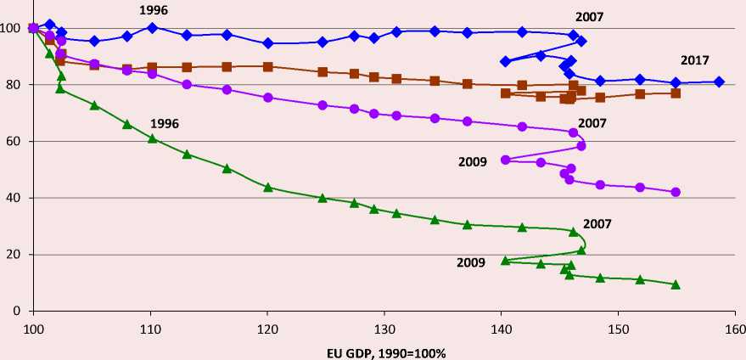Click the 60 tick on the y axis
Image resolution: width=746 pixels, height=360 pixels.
(16, 142)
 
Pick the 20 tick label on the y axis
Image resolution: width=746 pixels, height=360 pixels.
(16, 255)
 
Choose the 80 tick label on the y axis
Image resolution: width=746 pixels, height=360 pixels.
(16, 85)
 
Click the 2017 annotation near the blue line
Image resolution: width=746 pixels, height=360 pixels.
(695, 60)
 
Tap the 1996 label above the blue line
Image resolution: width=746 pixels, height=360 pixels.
(154, 10)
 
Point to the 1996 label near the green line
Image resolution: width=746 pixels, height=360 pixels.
(165, 123)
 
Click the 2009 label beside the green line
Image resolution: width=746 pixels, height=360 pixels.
(470, 262)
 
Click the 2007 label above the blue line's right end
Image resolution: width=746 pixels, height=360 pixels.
(589, 16)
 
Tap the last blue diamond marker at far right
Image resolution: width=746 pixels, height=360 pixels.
(719, 82)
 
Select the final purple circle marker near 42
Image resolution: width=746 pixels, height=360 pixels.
(676, 192)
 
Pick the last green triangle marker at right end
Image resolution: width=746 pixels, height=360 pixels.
(676, 284)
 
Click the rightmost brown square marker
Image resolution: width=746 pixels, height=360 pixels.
(676, 93)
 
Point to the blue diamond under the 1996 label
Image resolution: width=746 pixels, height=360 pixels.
(152, 27)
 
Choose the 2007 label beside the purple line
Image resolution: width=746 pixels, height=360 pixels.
(592, 123)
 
